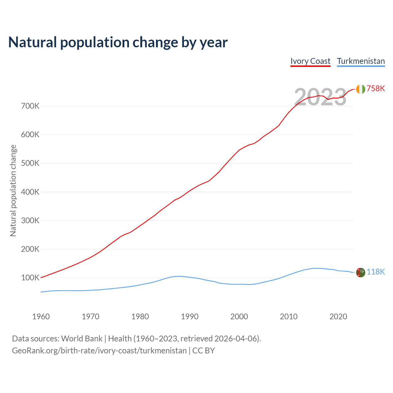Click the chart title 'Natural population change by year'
[118, 42]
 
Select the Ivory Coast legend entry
[310, 61]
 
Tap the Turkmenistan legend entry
[361, 61]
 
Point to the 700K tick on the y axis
[30, 106]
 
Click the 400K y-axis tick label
[30, 192]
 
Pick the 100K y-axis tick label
[30, 278]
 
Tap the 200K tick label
[30, 249]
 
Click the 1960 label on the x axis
[41, 317]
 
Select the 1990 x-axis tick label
[189, 317]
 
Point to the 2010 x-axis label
[289, 317]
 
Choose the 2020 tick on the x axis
[338, 317]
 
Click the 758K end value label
[375, 89]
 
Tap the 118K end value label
[375, 272]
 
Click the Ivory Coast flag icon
[360, 89]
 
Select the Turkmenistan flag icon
[360, 272]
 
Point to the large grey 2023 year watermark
[320, 97]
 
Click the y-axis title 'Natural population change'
[13, 191]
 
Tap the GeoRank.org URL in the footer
[99, 351]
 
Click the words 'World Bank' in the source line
[82, 339]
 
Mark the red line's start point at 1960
[41, 278]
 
